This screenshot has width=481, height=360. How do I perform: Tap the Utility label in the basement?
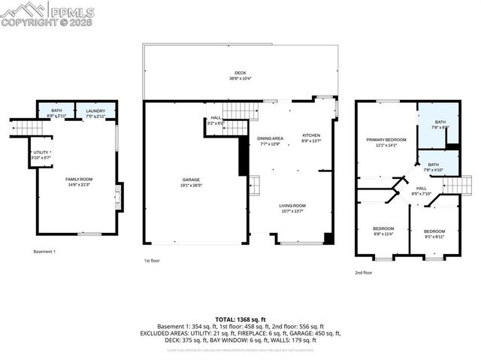(41, 155)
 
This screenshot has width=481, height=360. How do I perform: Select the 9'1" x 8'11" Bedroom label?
(434, 233)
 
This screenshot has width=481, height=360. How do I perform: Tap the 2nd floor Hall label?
(421, 191)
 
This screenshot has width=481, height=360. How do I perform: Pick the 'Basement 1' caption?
(44, 251)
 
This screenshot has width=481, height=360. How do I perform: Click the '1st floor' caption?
(153, 261)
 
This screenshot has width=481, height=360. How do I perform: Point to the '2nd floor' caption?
(363, 273)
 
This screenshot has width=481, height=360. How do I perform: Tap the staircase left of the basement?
(26, 129)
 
